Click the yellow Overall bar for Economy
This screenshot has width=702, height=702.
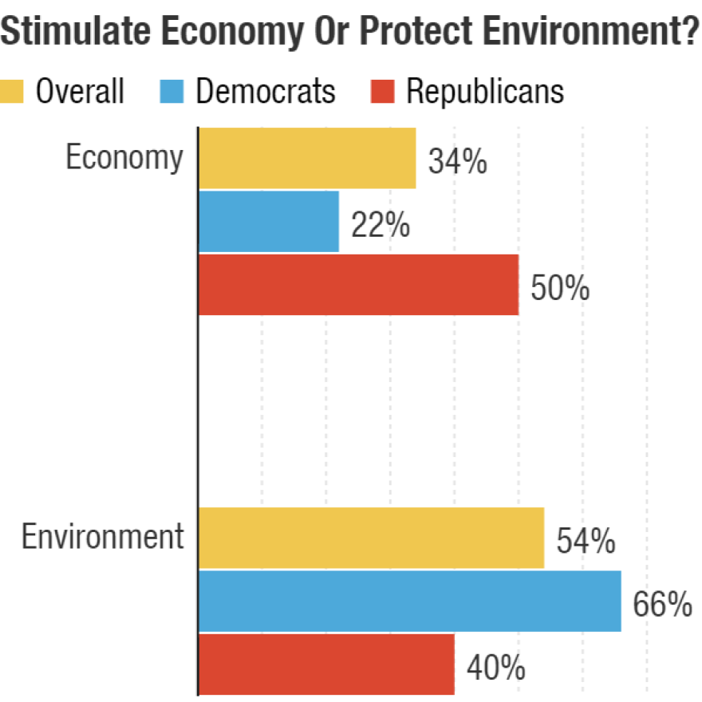tap(307, 158)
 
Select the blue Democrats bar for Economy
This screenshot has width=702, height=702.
tap(269, 221)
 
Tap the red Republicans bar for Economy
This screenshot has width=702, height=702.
tap(358, 285)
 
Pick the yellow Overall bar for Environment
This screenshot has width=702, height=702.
tap(371, 538)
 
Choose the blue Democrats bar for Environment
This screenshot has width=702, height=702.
tap(409, 601)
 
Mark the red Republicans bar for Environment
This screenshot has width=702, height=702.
tap(326, 665)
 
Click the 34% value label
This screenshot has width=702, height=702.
tap(457, 162)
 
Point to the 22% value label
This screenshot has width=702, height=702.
tap(381, 226)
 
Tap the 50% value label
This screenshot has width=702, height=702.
tap(560, 289)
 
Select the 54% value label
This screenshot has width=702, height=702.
tap(586, 542)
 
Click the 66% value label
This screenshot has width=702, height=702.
tap(662, 605)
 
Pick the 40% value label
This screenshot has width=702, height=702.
tap(495, 668)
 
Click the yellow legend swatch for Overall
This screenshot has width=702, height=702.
tap(14, 91)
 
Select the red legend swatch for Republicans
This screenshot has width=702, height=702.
tap(383, 91)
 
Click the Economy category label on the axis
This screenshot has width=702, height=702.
tap(124, 157)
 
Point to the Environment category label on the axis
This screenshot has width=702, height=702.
tap(102, 537)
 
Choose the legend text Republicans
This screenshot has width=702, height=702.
tap(485, 91)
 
